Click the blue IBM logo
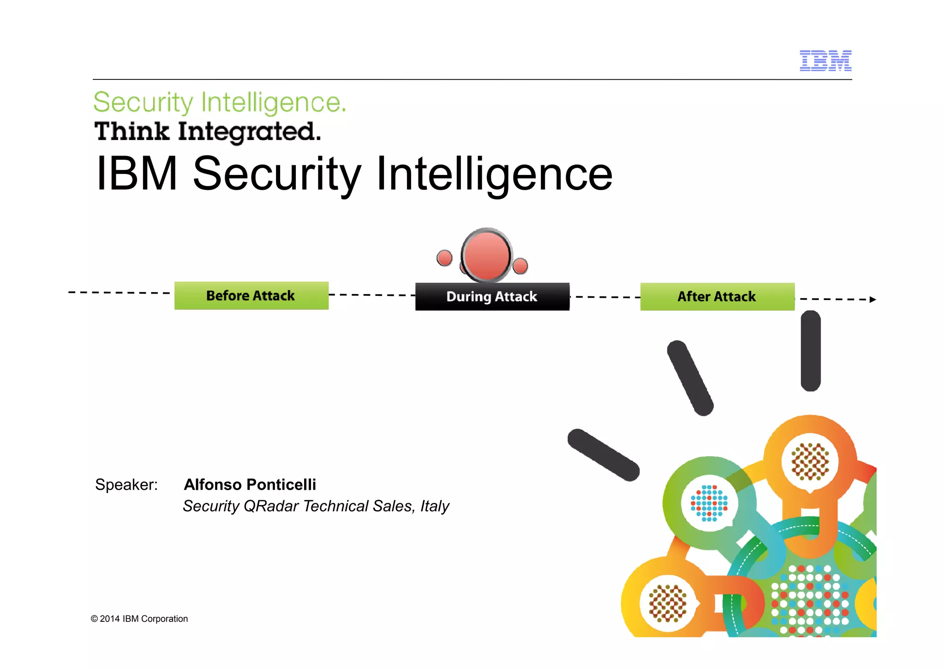click(825, 60)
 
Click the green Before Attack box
click(251, 295)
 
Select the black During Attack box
click(492, 296)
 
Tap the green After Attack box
click(717, 296)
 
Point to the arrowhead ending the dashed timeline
click(873, 300)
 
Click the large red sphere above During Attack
click(486, 255)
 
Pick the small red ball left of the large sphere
click(444, 258)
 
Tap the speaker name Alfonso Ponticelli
click(250, 484)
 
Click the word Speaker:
click(126, 484)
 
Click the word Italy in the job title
click(434, 506)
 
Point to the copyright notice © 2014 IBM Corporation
click(139, 619)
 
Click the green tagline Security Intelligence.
click(220, 102)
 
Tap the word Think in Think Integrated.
click(132, 131)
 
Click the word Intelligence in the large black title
click(494, 174)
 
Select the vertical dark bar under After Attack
click(811, 351)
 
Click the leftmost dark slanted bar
click(603, 455)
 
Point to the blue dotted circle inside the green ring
click(709, 503)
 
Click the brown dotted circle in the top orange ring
click(810, 462)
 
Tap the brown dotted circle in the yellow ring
click(667, 603)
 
